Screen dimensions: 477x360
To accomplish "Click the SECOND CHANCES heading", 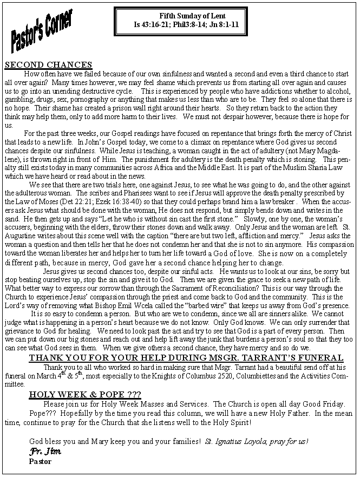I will pos(48,65).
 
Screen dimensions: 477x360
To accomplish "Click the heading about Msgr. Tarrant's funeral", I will pos(186,358).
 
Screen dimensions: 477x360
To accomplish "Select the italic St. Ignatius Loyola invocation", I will pos(257,441).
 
